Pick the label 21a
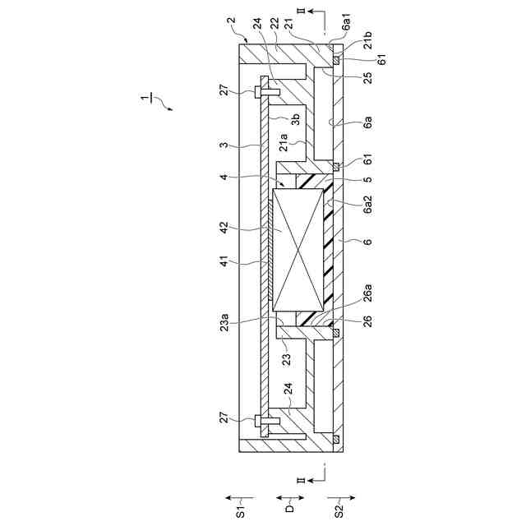283,145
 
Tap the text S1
242,510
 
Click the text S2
339,510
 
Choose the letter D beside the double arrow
290,510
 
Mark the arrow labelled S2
339,496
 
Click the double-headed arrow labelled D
290,496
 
